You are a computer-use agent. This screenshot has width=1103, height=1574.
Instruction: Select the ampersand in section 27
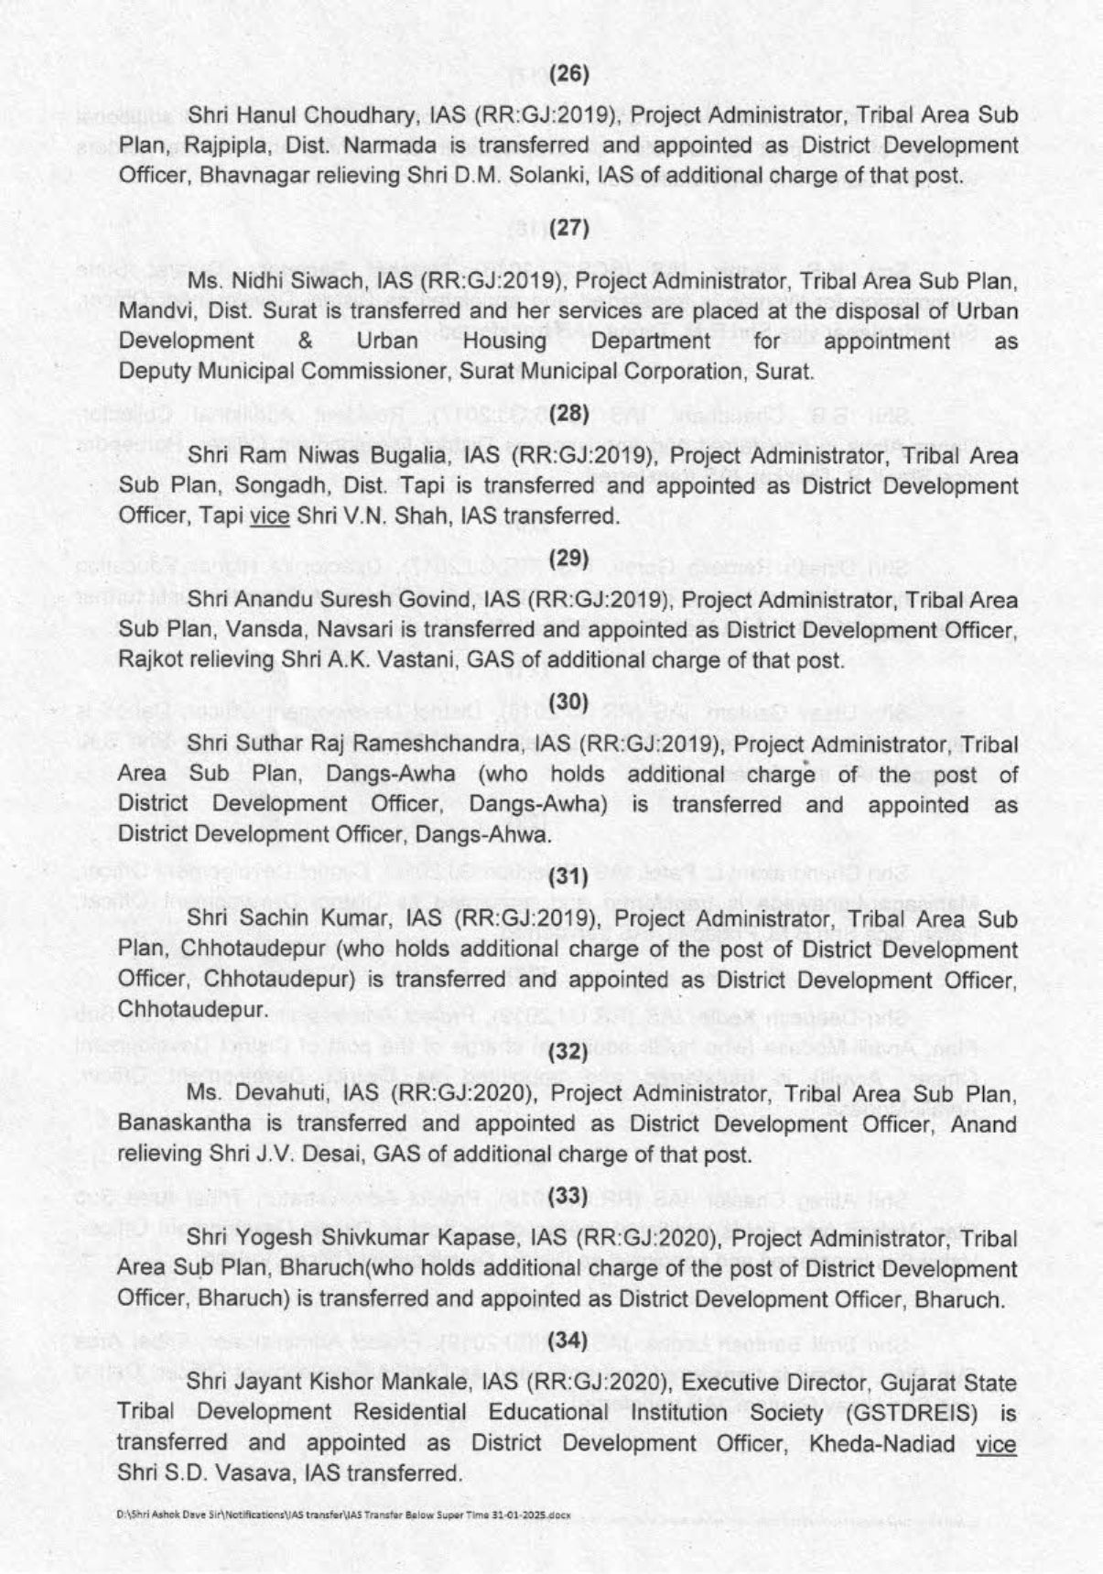(306, 341)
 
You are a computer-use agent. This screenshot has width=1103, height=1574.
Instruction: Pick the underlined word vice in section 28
(269, 516)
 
